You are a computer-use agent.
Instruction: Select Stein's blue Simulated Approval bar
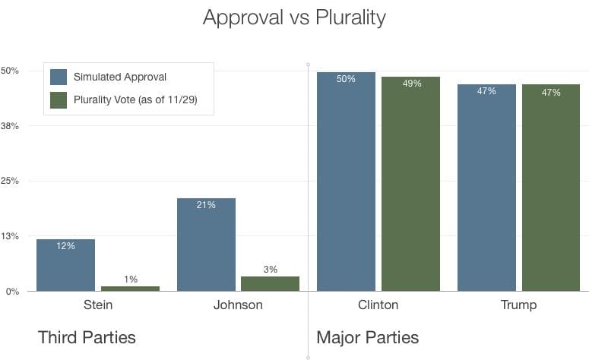tap(65, 266)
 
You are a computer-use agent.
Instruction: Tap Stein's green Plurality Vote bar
tap(130, 288)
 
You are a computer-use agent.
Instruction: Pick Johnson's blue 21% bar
tap(206, 245)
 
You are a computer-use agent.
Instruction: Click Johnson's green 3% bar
tap(270, 283)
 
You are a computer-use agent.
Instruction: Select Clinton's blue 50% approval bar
tap(346, 182)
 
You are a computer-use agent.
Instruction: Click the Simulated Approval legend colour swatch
tap(59, 77)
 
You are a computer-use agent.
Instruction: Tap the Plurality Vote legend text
tap(135, 99)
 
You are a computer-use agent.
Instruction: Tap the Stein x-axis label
tap(97, 305)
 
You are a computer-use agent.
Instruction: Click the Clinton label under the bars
tap(378, 305)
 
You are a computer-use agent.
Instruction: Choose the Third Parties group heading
tap(87, 336)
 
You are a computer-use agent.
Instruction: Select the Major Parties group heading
tap(367, 336)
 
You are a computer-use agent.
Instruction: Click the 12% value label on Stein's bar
tap(65, 246)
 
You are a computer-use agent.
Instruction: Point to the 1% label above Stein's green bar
tap(130, 279)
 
